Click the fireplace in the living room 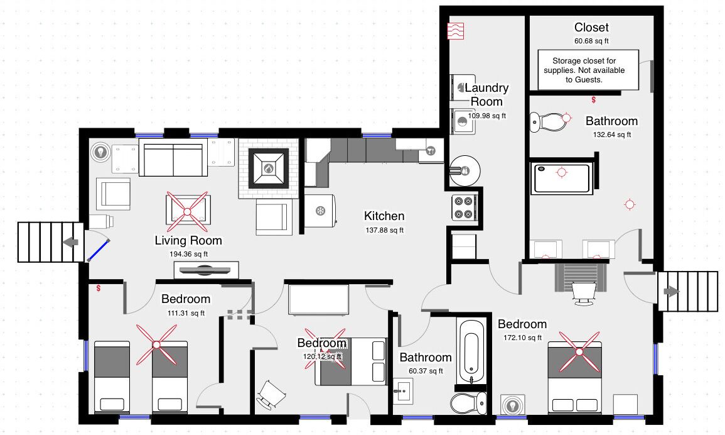(x=268, y=168)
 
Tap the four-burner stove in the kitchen (x=465, y=207)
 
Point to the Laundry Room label (x=486, y=94)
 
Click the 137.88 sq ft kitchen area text (x=384, y=230)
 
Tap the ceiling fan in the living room (x=187, y=212)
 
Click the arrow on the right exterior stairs (x=672, y=292)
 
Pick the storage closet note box (x=588, y=70)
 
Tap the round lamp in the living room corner (x=100, y=152)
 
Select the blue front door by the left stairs (x=99, y=250)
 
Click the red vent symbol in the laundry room (x=456, y=31)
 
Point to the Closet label (x=591, y=27)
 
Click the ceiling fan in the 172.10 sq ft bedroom (x=579, y=351)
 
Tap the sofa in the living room (x=173, y=160)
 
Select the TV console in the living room (x=207, y=270)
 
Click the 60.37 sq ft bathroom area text (x=426, y=371)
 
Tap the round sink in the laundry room (x=465, y=171)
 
